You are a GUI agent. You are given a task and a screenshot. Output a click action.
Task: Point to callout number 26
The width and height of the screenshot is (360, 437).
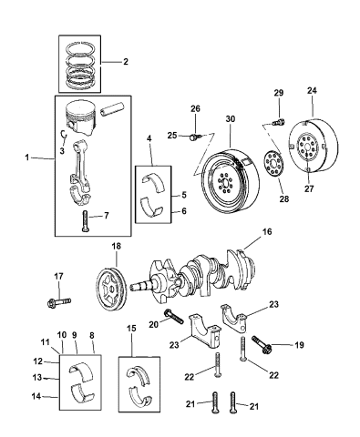[x=194, y=110]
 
